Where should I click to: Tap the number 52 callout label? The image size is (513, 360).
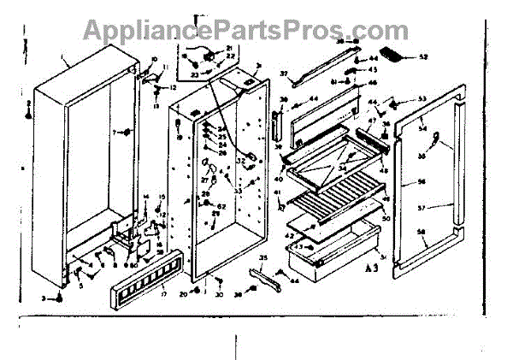point(424,57)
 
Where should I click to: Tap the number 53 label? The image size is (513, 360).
point(422,99)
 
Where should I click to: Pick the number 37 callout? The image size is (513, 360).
point(284,74)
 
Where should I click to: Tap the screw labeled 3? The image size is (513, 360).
point(59,297)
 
